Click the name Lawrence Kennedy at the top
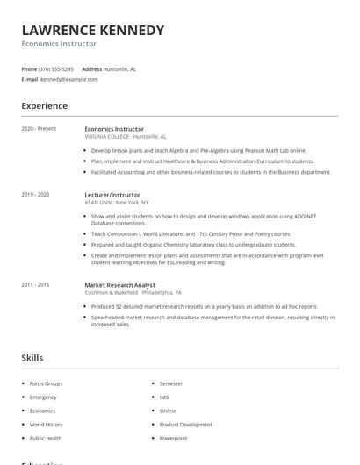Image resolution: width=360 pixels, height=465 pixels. click(x=92, y=30)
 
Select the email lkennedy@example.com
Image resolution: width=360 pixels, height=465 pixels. click(x=68, y=79)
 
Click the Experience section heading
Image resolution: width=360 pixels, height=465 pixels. click(x=44, y=106)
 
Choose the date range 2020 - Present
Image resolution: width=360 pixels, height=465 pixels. click(x=39, y=129)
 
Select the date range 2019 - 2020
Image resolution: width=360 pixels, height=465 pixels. click(x=35, y=194)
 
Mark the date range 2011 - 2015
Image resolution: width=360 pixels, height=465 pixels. click(x=35, y=284)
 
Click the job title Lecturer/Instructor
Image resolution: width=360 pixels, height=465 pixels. click(x=112, y=194)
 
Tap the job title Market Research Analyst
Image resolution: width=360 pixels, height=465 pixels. click(x=121, y=284)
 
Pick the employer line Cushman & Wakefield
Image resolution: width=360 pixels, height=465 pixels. click(x=133, y=292)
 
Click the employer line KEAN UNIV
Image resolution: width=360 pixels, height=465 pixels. click(x=117, y=202)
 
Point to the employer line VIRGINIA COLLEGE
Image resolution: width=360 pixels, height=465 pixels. click(x=126, y=137)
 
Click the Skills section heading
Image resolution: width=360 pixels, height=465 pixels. click(x=32, y=358)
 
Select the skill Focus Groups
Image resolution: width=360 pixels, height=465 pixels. click(x=47, y=383)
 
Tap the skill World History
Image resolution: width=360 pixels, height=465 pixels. click(x=47, y=425)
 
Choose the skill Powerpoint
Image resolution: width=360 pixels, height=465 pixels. click(x=173, y=438)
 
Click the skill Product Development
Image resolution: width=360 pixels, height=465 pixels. click(x=185, y=425)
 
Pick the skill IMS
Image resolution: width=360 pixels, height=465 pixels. click(x=164, y=397)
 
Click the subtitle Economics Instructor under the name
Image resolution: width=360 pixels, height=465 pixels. click(x=59, y=44)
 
